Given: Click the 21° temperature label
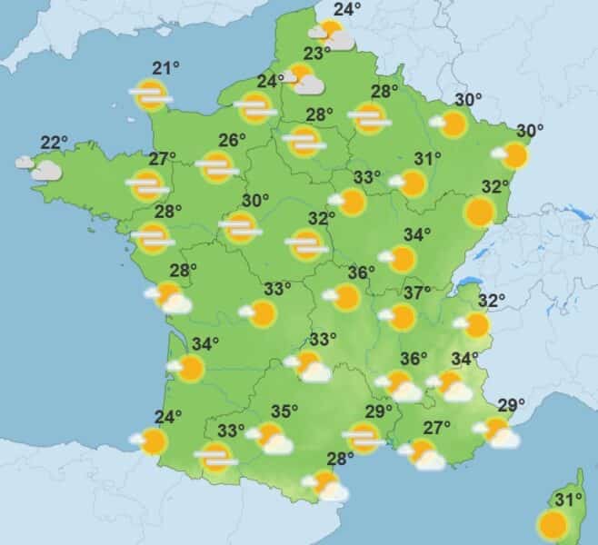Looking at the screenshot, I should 164,69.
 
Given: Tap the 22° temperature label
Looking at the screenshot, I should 55,143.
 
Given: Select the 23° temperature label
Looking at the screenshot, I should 317,54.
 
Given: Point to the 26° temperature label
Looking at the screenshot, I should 233,141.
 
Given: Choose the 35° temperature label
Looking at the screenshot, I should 284,411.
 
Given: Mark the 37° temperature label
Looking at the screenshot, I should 417,293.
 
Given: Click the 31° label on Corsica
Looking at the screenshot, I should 568,500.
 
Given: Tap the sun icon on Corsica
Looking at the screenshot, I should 552,525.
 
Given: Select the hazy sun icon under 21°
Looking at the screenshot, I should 150,94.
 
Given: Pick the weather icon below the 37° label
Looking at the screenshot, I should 400,317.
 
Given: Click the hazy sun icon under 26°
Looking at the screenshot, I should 217,167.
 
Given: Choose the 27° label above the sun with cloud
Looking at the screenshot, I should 438,428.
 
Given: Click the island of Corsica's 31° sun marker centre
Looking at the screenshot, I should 552,525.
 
